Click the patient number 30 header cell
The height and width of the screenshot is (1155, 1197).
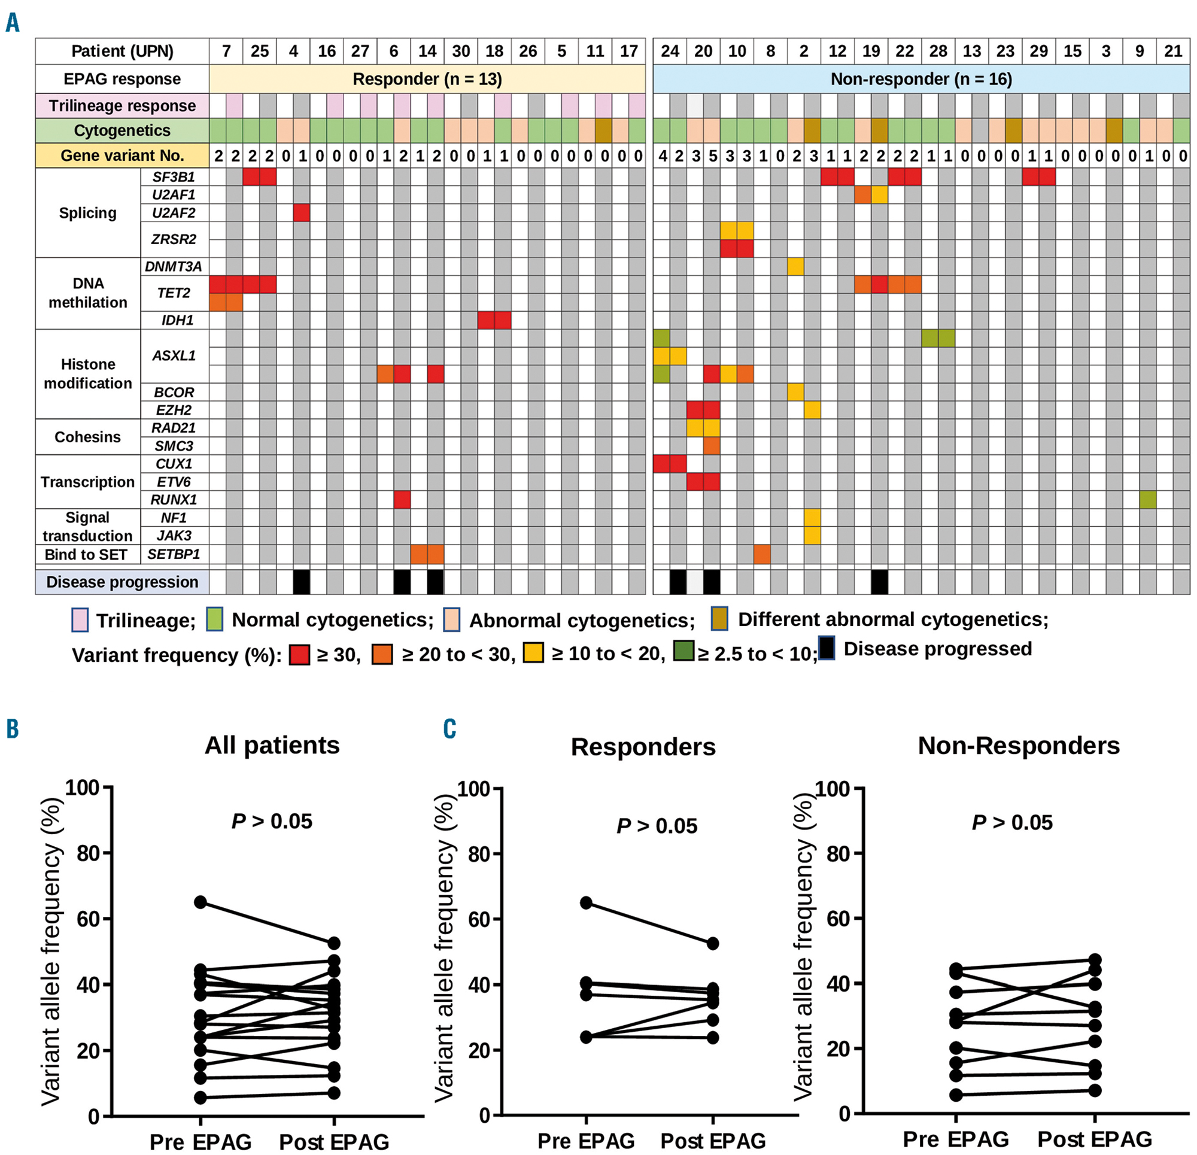point(461,51)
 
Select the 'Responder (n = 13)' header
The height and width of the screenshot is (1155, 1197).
point(427,80)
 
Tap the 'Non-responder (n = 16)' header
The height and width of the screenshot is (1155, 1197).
point(921,80)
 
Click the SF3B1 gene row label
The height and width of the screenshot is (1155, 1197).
point(174,177)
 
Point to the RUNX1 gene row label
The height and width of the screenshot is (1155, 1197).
point(174,500)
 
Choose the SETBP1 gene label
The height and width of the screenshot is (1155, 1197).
point(174,555)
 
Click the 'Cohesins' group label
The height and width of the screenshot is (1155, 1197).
point(87,437)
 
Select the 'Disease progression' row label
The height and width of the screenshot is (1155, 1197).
point(122,582)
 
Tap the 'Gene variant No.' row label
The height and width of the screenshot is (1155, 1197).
point(122,156)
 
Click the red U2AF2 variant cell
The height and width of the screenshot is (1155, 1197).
point(302,212)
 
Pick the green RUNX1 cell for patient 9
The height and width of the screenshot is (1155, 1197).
point(1147,500)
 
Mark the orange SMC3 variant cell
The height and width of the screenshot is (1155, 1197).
point(712,446)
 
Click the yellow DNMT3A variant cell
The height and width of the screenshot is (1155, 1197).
point(795,266)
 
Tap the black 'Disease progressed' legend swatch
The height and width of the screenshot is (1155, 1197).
point(827,649)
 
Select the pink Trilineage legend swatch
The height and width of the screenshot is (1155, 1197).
point(80,619)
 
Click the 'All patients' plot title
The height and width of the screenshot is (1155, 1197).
point(272,745)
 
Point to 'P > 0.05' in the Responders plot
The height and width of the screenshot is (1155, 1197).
point(657,826)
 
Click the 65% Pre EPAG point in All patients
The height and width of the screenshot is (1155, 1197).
point(200,902)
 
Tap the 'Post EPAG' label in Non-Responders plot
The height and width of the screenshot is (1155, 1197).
point(1095,1139)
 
